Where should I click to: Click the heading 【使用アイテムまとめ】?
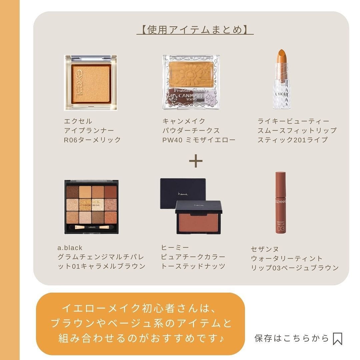pos(195,30)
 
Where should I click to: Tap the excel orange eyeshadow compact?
pos(90,82)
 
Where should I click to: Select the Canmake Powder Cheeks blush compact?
pos(191,82)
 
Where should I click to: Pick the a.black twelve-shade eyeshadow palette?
pos(91,207)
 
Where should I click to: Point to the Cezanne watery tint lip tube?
pos(280,203)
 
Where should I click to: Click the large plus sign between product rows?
pos(196,161)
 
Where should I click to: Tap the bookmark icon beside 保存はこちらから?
pos(337,339)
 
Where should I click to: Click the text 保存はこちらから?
pos(292,338)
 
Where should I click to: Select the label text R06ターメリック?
pos(92,140)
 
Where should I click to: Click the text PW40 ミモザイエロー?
pos(199,140)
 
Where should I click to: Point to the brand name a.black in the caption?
pos(70,248)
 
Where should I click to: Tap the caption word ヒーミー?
pos(175,247)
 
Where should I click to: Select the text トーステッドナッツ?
pos(193,266)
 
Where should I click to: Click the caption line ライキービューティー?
pos(293,121)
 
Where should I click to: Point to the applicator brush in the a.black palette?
pos(91,227)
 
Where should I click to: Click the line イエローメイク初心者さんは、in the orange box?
pos(140,308)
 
